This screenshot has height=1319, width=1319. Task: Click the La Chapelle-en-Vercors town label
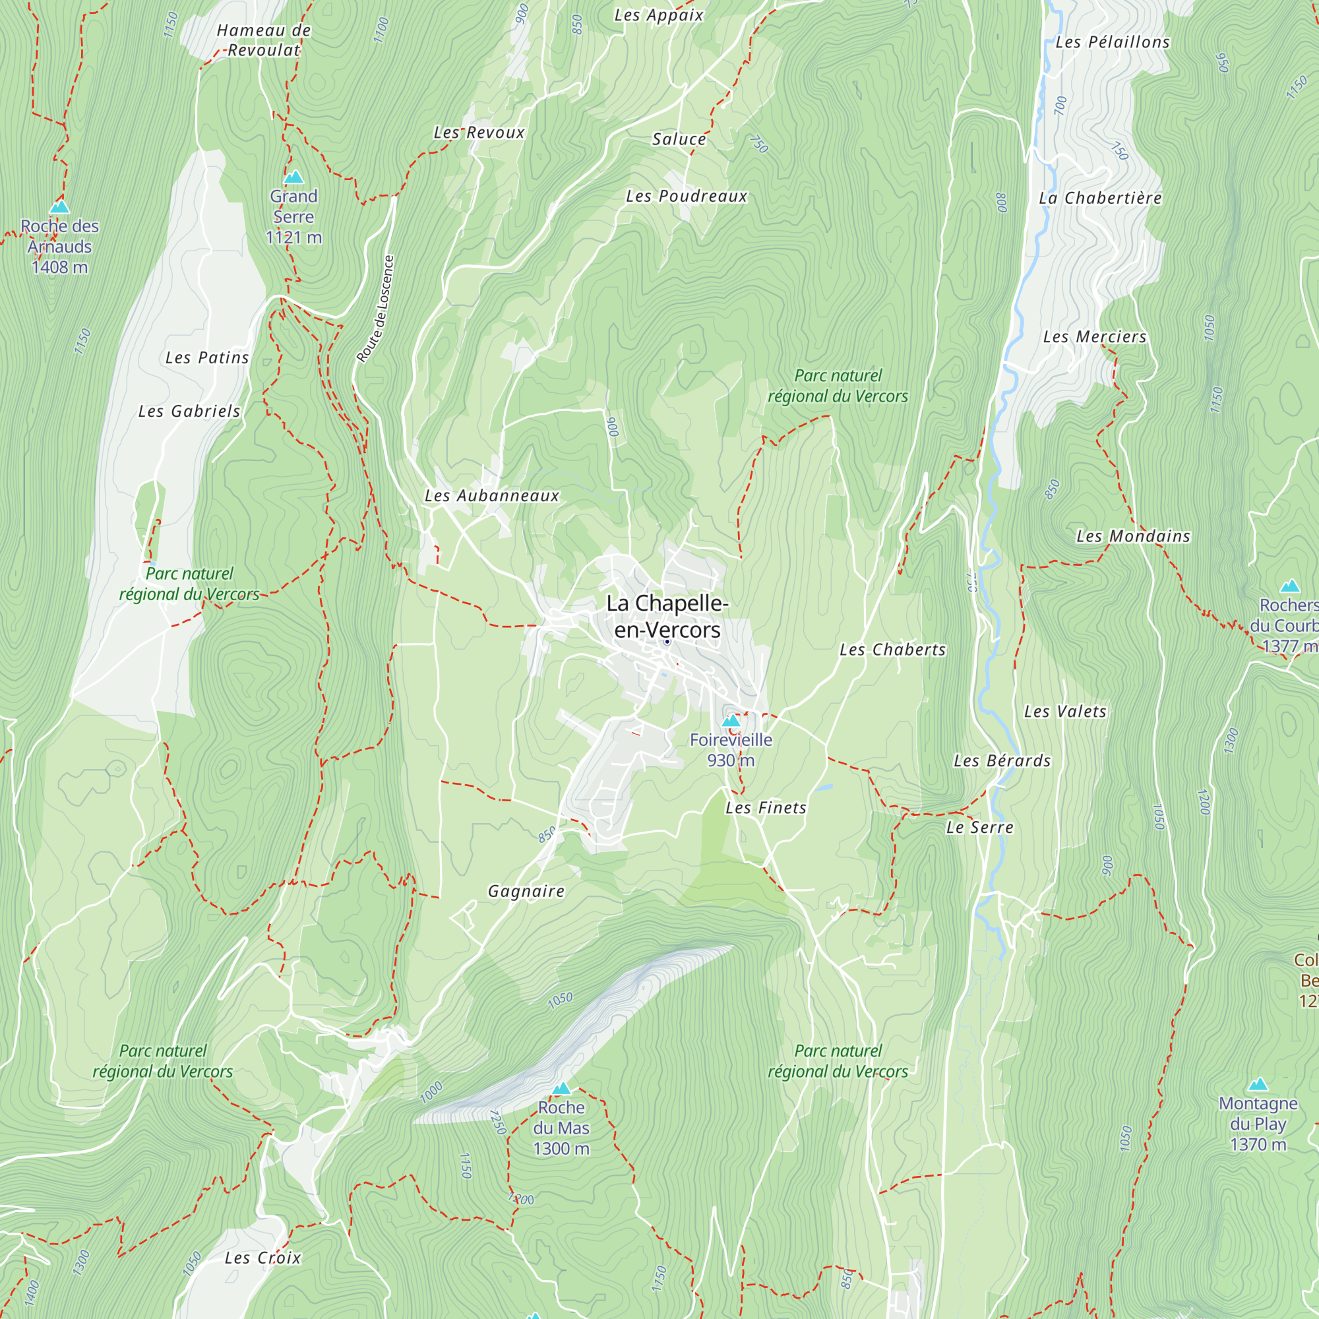[667, 616]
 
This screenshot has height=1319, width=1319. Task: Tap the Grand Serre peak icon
[293, 177]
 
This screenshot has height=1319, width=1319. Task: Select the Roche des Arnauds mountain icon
[59, 206]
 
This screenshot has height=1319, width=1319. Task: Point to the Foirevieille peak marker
[731, 720]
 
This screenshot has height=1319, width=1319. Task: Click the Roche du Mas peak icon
[561, 1088]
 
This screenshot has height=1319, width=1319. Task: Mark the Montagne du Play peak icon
[1258, 1084]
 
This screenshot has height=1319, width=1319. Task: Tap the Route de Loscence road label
[375, 309]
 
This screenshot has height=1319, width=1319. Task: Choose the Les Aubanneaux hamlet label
[491, 496]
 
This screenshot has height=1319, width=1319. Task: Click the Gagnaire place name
[526, 891]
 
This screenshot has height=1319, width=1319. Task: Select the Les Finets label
[765, 808]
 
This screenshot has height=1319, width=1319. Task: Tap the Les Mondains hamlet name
[1132, 536]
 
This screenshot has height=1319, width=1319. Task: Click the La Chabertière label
[1100, 198]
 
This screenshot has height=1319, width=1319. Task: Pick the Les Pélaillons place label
[1112, 42]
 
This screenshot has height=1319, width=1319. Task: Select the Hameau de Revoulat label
[264, 40]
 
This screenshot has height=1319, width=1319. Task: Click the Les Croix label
[262, 1258]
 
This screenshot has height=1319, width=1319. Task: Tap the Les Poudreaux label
[686, 196]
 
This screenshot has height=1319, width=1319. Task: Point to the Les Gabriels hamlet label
[189, 411]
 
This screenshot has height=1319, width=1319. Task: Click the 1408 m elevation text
[59, 267]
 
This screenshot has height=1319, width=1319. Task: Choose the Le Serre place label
[979, 828]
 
